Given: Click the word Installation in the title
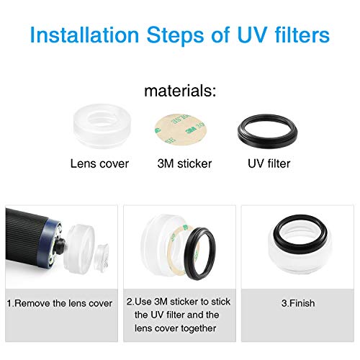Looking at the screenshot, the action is coord(84,35).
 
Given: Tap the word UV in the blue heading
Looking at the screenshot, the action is coord(252,35).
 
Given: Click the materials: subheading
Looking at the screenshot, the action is coord(180,91).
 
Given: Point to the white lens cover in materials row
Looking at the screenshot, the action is coord(102,125).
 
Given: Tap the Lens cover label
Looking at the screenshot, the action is coord(99,163).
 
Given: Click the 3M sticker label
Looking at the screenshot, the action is coord(184,163).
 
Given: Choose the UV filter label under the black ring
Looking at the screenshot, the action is coord(269,163).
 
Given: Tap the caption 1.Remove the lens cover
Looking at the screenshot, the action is coord(59,303).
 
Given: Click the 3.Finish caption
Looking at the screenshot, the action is coord(298,303).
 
